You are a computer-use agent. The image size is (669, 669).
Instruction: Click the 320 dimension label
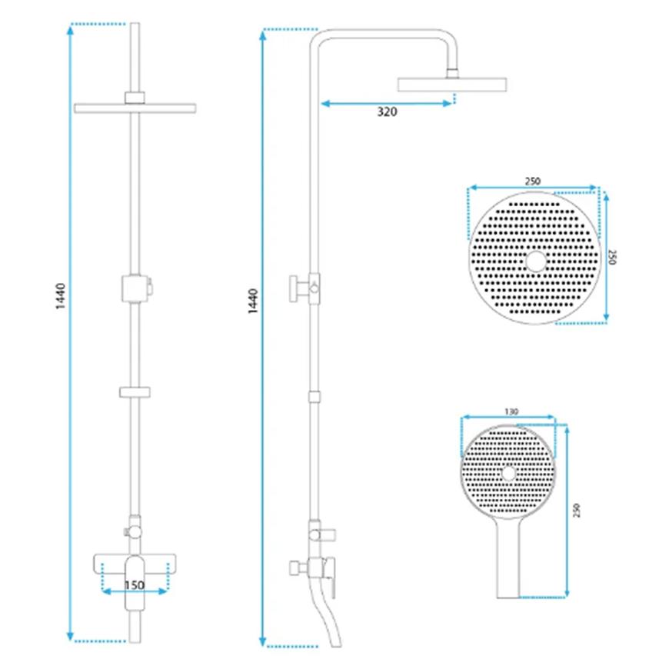click(x=387, y=111)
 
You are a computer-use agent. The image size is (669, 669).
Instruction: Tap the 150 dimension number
click(x=135, y=585)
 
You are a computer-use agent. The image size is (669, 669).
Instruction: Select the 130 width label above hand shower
click(x=511, y=411)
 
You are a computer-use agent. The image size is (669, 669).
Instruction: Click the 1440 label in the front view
click(x=61, y=296)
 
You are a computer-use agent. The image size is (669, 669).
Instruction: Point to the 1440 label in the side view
click(x=253, y=301)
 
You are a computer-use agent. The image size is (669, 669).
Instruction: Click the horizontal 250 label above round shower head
click(x=532, y=181)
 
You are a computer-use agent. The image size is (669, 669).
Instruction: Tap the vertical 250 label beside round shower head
click(x=612, y=258)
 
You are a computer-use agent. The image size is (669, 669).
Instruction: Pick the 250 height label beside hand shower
click(x=577, y=511)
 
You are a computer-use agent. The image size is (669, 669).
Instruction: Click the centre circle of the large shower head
click(x=536, y=261)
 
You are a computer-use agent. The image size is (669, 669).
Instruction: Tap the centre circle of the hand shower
click(x=508, y=473)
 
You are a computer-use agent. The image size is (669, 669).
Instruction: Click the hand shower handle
click(x=508, y=558)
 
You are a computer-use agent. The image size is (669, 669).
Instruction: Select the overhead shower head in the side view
click(x=452, y=85)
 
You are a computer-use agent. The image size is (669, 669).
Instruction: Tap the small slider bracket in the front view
click(x=135, y=391)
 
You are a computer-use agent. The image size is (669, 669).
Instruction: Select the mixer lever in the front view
click(x=135, y=583)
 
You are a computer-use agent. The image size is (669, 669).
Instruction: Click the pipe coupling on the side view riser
click(x=315, y=396)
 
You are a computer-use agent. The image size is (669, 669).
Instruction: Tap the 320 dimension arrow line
click(x=386, y=103)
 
